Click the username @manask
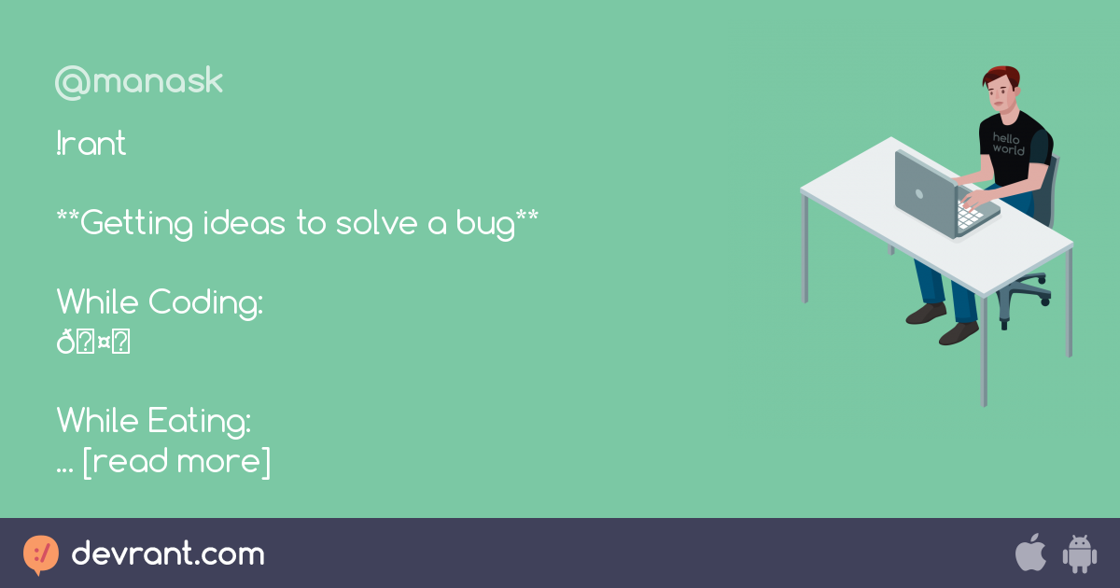tap(139, 83)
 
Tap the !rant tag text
tap(91, 145)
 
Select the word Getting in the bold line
tap(137, 225)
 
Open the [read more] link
tap(176, 461)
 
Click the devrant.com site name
tap(168, 554)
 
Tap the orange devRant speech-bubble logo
tap(41, 554)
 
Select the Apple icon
tap(1030, 553)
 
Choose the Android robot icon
tap(1080, 553)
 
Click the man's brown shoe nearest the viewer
tap(959, 333)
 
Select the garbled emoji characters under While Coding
tap(93, 343)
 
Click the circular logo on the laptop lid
tap(918, 195)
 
